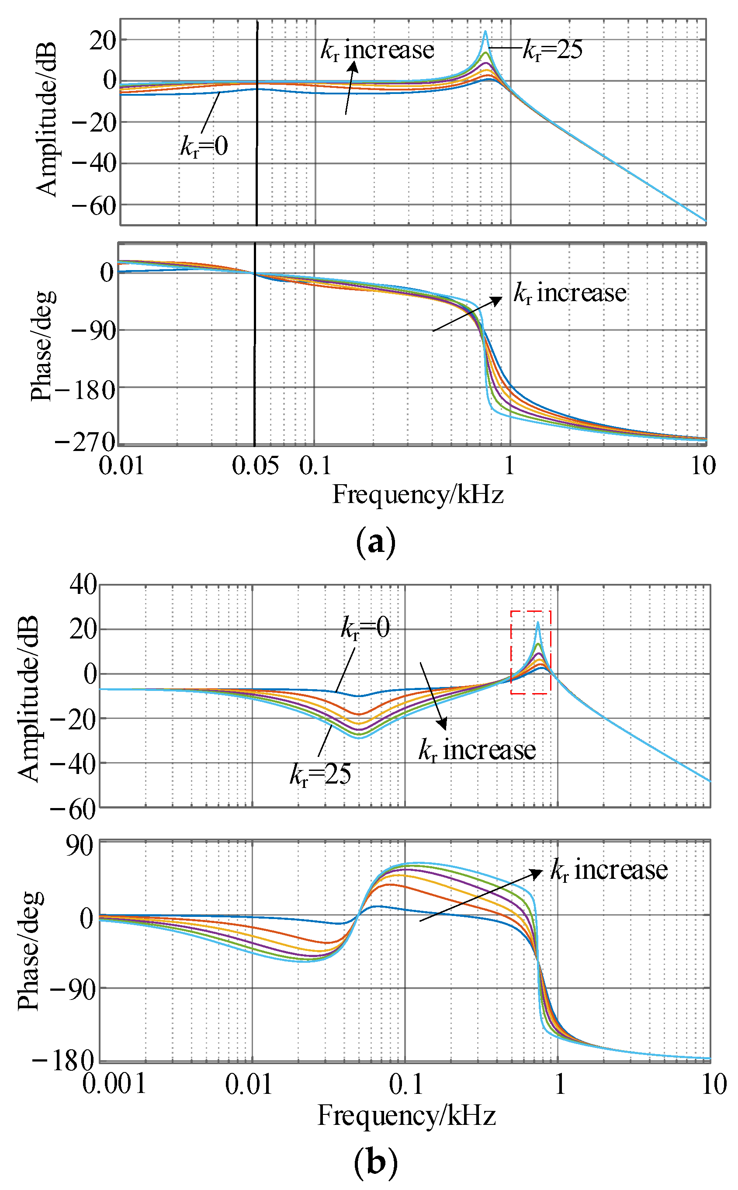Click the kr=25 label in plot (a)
point(553,50)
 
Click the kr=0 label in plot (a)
point(204,146)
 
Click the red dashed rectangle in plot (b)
point(530,652)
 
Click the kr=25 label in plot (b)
point(320,774)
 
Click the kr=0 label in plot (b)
point(365,628)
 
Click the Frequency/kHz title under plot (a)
point(418,494)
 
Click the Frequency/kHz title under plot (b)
point(407,1115)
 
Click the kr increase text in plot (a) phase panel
point(570,293)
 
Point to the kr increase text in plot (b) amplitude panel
point(477,750)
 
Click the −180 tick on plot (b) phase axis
point(63,1062)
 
